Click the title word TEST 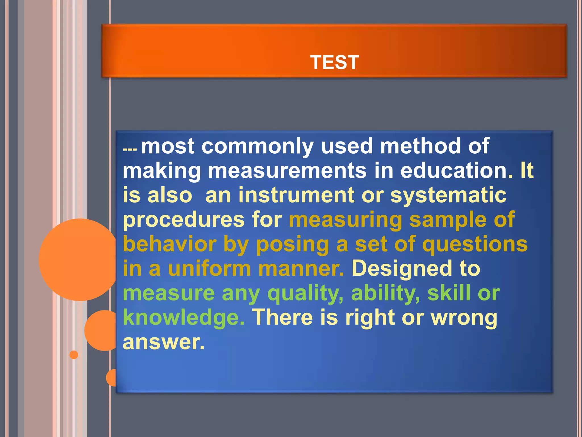point(334,62)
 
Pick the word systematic point(448,195)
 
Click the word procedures point(184,220)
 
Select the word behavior point(169,244)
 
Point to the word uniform point(209,269)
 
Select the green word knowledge point(183,318)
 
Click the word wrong point(464,318)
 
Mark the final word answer point(163,342)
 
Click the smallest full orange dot point(74,355)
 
